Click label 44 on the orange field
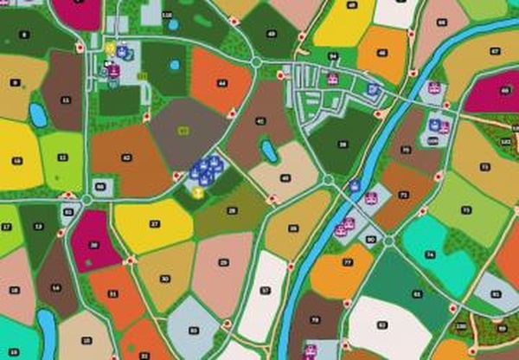tap(223, 84)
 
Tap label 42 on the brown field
tap(127, 157)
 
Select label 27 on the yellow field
tap(155, 224)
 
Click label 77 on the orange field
tap(347, 261)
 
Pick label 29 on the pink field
tap(224, 261)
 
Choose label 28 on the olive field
tap(232, 210)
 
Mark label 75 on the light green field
tap(466, 209)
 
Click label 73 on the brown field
tap(404, 195)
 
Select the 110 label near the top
tap(166, 16)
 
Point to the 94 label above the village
tap(333, 57)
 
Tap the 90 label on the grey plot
tap(371, 238)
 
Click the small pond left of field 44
tap(176, 64)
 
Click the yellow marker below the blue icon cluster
tap(198, 191)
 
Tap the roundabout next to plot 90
tap(389, 240)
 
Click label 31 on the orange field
tap(112, 294)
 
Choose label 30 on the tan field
tap(164, 280)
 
